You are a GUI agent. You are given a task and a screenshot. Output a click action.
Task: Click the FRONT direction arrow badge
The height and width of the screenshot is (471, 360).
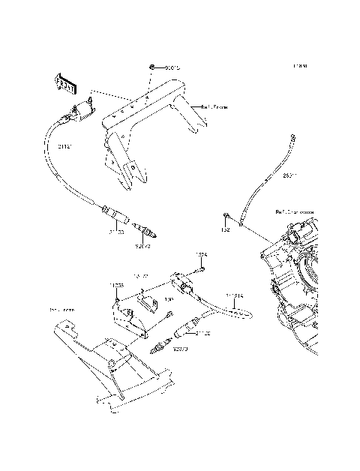point(65,83)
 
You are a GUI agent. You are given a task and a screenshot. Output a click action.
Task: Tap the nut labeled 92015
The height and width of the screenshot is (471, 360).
point(152,68)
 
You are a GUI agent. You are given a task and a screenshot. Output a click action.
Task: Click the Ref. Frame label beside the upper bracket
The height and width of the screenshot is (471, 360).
point(214,107)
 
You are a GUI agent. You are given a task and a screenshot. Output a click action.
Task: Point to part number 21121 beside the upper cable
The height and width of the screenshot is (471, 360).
point(65,146)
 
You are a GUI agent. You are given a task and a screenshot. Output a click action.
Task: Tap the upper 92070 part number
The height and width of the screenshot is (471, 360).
point(143,244)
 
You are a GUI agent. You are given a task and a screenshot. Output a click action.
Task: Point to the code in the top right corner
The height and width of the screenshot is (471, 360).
point(301,66)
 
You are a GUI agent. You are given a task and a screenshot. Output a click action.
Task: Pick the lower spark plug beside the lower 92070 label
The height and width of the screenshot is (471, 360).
point(158,347)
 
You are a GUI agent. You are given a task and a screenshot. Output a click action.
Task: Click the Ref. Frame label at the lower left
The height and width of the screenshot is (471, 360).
point(40,309)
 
